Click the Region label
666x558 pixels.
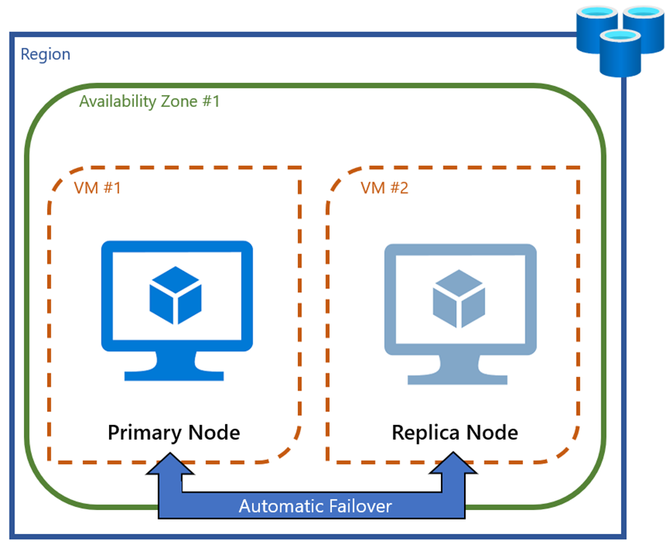click(45, 54)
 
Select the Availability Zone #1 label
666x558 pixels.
click(149, 102)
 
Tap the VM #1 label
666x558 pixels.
click(97, 188)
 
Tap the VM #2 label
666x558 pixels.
click(384, 188)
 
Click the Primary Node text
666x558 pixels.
click(174, 433)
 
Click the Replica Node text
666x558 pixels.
click(455, 433)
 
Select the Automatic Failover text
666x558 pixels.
click(315, 506)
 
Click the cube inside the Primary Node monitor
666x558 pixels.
click(174, 294)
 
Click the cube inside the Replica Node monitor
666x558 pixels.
click(458, 294)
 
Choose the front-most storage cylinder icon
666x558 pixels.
click(621, 54)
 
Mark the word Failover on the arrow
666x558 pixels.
click(357, 506)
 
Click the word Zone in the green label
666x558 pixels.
click(175, 102)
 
